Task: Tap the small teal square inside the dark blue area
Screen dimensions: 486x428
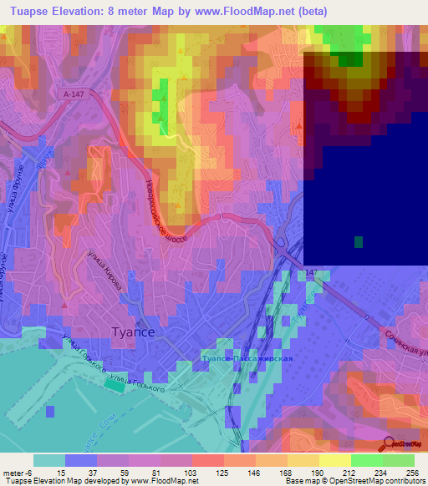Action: (x=359, y=242)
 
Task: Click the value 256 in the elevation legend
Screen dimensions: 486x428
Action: (x=403, y=472)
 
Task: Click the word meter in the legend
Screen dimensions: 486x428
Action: (x=13, y=472)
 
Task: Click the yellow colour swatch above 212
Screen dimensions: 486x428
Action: (x=334, y=460)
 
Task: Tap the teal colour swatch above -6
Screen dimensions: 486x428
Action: (x=48, y=460)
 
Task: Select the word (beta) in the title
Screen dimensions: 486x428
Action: (x=308, y=12)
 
